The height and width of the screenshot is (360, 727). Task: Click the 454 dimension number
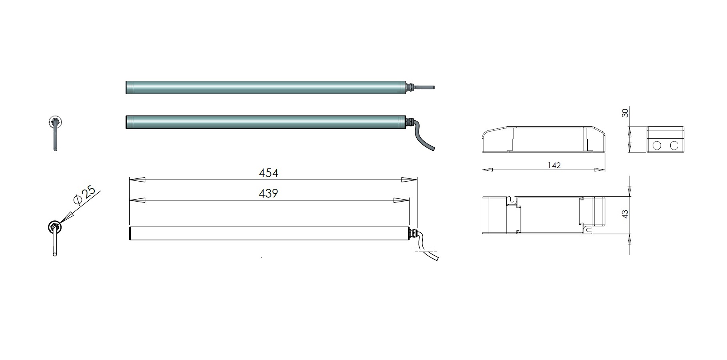click(x=268, y=173)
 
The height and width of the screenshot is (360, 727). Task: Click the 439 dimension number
click(x=268, y=194)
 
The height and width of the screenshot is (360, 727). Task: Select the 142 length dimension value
click(x=554, y=165)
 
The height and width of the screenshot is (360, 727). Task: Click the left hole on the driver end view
click(x=657, y=145)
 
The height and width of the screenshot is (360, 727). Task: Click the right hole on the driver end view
click(x=674, y=145)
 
